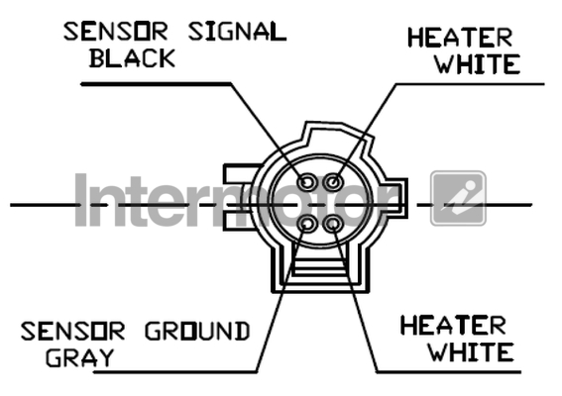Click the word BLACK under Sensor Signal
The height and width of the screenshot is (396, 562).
pos(132,58)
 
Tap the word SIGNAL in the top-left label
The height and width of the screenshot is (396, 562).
pos(237,32)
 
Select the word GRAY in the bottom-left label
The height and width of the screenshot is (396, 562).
pos(80,357)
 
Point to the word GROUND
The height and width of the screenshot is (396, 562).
pos(197,332)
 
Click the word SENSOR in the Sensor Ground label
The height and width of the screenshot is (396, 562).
pos(72,332)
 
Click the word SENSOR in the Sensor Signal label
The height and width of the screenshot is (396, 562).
pos(115,32)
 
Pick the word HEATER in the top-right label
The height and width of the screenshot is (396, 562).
pos(460,38)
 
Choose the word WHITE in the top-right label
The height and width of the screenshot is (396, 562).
pos(478,64)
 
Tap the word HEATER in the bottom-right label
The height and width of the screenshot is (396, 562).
pos(453,326)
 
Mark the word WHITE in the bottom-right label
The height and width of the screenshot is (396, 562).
pos(472,352)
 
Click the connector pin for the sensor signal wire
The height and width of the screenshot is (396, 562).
pos(307,182)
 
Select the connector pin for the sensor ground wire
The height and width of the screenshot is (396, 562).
pos(307,225)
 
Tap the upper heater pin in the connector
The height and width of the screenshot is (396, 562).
pos(333,182)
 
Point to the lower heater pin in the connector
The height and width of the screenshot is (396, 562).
pos(333,225)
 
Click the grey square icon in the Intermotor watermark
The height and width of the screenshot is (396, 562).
pos(458,198)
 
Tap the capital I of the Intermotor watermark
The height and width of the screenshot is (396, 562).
pos(81,200)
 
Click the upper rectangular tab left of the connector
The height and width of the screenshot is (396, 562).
pos(241,174)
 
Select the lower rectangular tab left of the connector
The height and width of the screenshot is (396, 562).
pos(238,220)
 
